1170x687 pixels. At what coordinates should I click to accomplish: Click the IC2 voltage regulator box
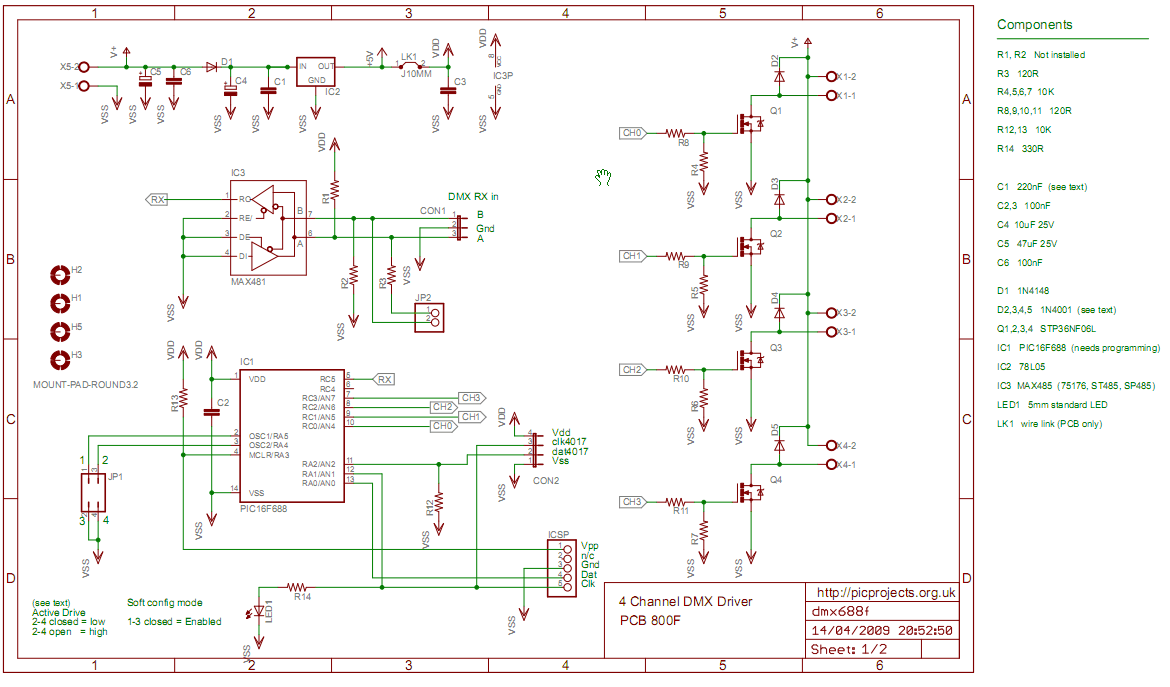[x=316, y=71]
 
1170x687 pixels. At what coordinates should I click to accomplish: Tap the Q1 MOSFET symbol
[x=749, y=123]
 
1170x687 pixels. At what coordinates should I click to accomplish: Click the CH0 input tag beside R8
[x=633, y=132]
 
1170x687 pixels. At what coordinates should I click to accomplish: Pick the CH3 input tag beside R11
[x=633, y=501]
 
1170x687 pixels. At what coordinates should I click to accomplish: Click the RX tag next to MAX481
[x=158, y=200]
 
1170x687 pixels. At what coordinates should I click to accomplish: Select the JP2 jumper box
[x=431, y=318]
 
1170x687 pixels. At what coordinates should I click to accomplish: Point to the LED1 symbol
[x=261, y=612]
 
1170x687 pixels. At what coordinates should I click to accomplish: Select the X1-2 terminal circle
[x=830, y=77]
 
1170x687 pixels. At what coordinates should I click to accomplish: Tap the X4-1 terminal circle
[x=830, y=465]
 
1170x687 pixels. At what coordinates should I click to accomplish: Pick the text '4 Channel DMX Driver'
[x=686, y=601]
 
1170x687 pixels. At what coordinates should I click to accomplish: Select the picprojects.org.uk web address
[x=887, y=593]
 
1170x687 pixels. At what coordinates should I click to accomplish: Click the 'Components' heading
[x=1034, y=25]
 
